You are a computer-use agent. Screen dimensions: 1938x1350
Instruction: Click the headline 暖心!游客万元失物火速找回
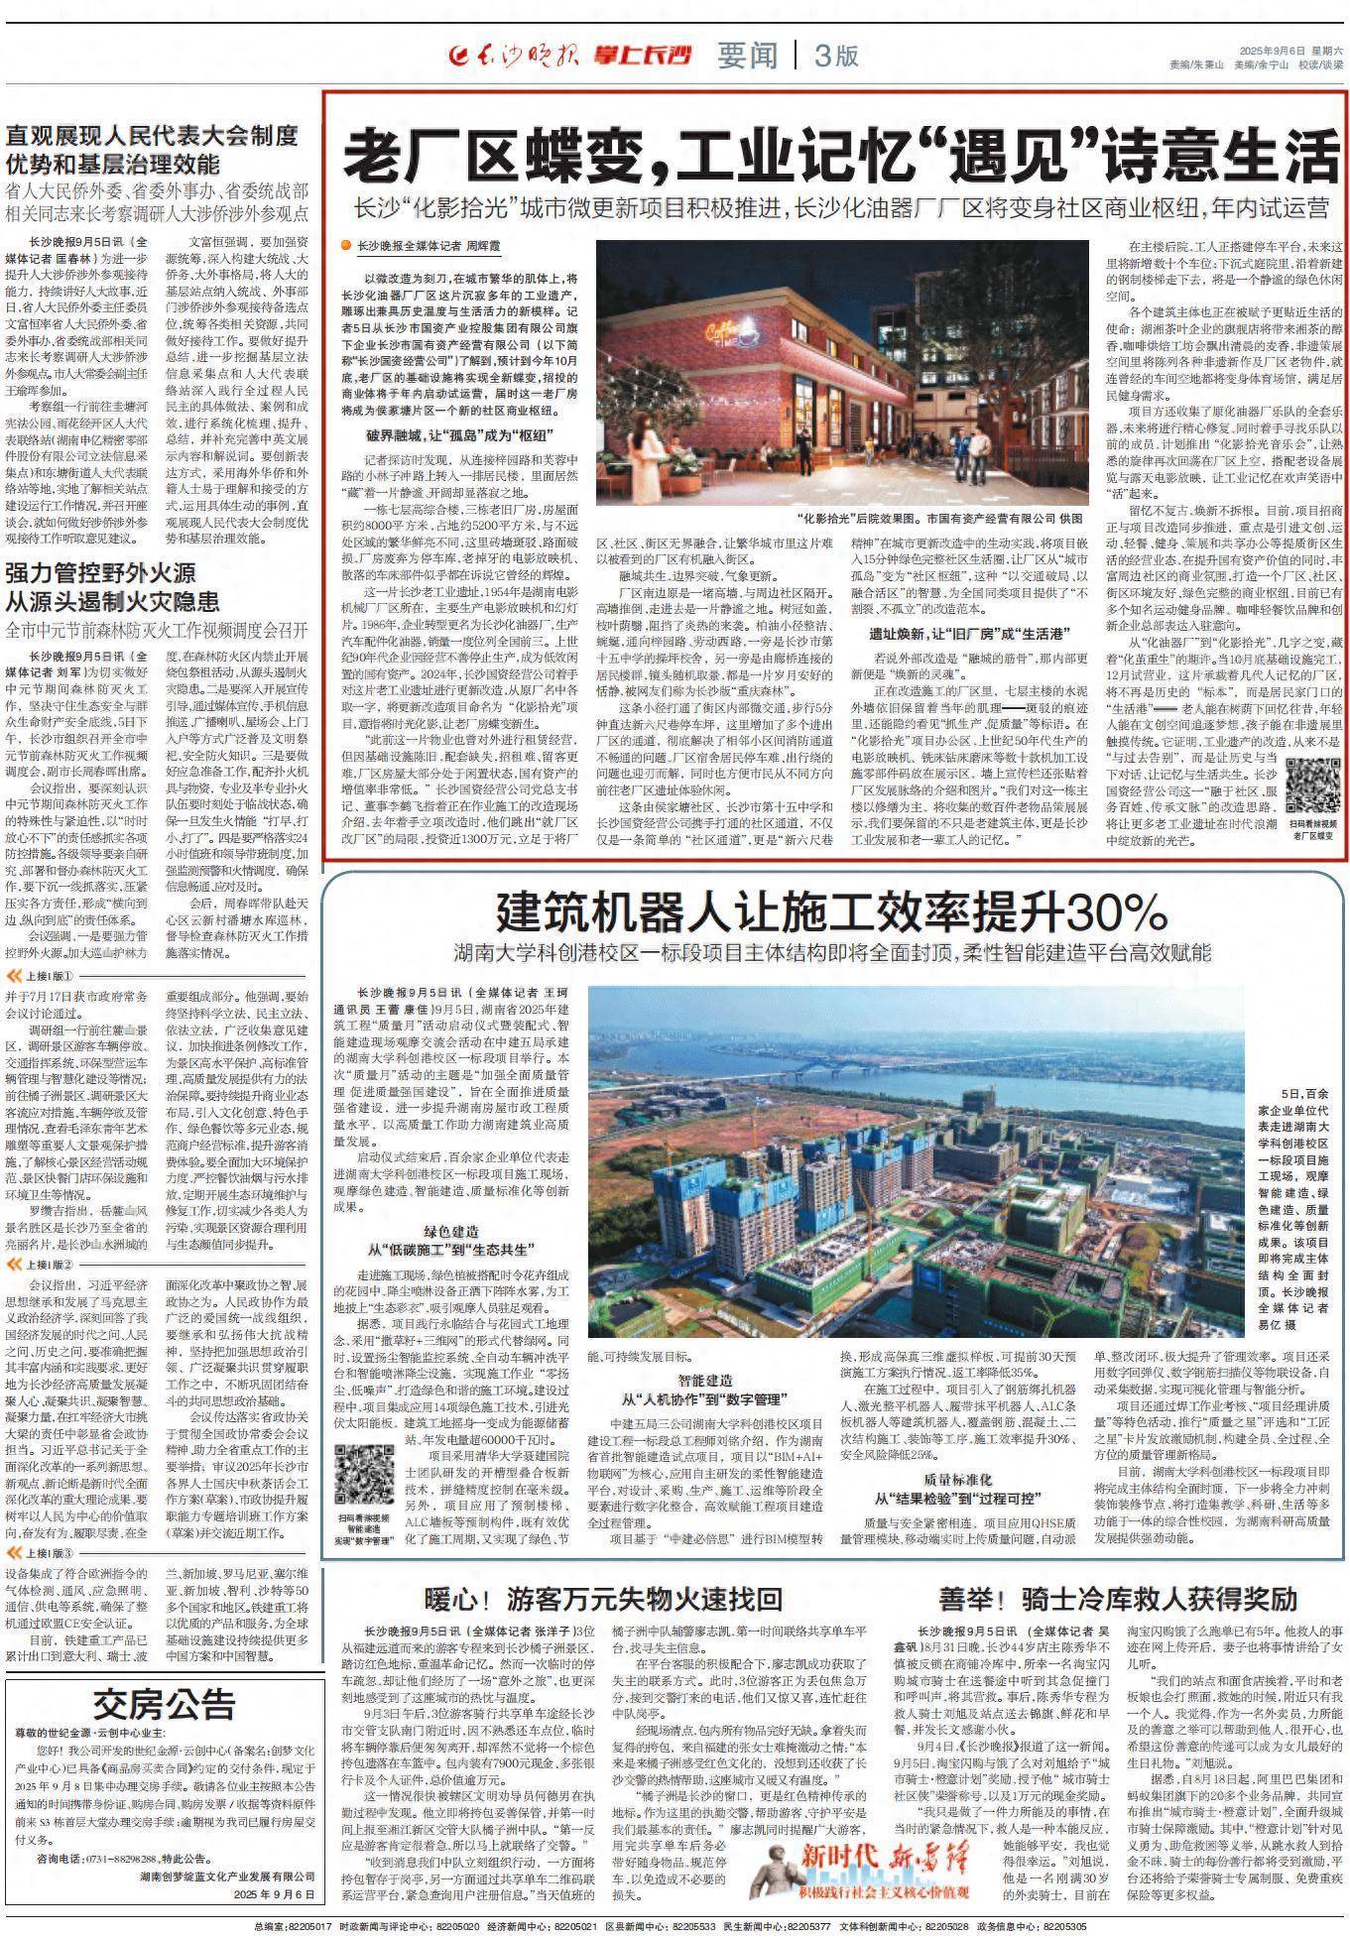(604, 1599)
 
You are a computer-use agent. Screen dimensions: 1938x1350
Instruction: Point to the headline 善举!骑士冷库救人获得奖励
(1119, 1599)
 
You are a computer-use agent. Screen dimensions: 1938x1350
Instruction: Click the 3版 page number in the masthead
(835, 57)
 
